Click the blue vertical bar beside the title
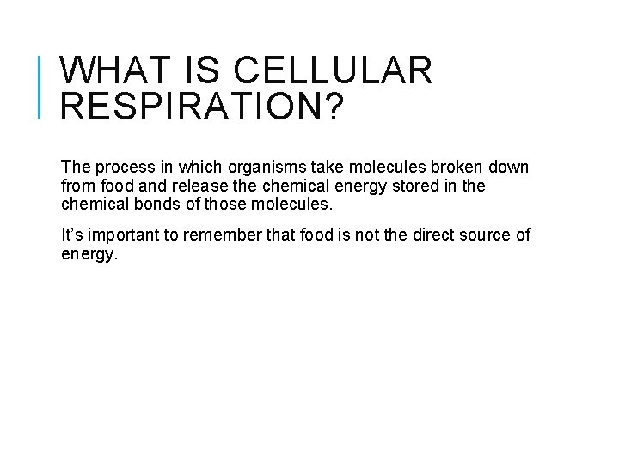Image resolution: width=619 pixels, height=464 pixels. click(41, 86)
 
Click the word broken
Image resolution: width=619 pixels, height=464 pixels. click(452, 167)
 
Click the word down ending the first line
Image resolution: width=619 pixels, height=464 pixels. click(510, 167)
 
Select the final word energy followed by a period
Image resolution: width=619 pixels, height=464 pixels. click(87, 255)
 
